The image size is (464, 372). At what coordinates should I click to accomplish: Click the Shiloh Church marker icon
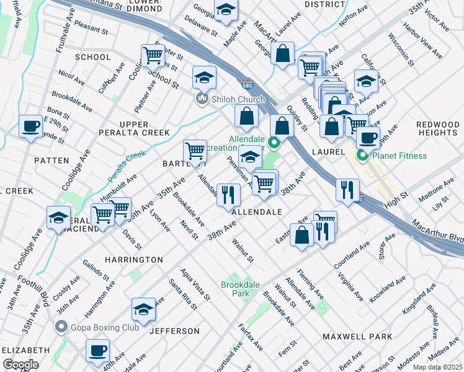(202, 100)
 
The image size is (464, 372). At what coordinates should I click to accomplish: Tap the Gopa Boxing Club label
(99, 326)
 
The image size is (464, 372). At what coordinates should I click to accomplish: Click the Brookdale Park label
(240, 289)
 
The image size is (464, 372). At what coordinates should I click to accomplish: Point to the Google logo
(20, 364)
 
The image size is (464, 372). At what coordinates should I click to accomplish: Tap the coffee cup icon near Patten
(30, 126)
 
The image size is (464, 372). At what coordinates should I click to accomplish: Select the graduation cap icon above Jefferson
(143, 309)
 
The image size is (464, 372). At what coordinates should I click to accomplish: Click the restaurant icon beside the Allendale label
(228, 195)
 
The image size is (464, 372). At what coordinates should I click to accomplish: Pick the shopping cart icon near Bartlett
(195, 150)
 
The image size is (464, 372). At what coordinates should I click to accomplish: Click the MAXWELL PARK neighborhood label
(357, 336)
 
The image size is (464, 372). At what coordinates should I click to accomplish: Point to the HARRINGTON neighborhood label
(133, 260)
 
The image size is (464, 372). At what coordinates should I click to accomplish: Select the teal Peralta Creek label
(125, 165)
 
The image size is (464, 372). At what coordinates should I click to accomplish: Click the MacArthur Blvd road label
(437, 231)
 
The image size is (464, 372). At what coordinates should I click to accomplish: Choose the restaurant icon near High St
(347, 188)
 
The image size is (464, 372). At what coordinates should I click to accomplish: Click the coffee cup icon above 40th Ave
(97, 350)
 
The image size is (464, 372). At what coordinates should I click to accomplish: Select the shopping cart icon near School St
(152, 55)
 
